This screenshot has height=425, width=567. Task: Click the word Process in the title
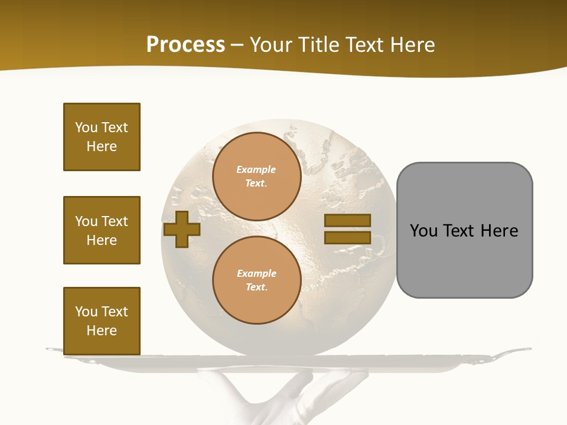(185, 45)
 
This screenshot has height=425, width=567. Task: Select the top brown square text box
(102, 137)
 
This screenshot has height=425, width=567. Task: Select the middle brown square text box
(102, 230)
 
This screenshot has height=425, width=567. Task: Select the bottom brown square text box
(102, 321)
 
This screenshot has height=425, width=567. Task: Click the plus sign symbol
(181, 228)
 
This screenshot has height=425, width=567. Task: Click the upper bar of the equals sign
(347, 220)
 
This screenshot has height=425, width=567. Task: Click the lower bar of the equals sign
(347, 237)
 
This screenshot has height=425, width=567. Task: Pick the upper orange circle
(257, 176)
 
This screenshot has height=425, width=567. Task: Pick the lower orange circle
(257, 280)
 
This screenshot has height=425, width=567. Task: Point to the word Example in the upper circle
(256, 169)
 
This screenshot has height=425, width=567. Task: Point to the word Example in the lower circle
(256, 273)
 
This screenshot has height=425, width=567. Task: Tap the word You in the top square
(86, 127)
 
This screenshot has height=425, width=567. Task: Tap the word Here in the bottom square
(102, 331)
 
